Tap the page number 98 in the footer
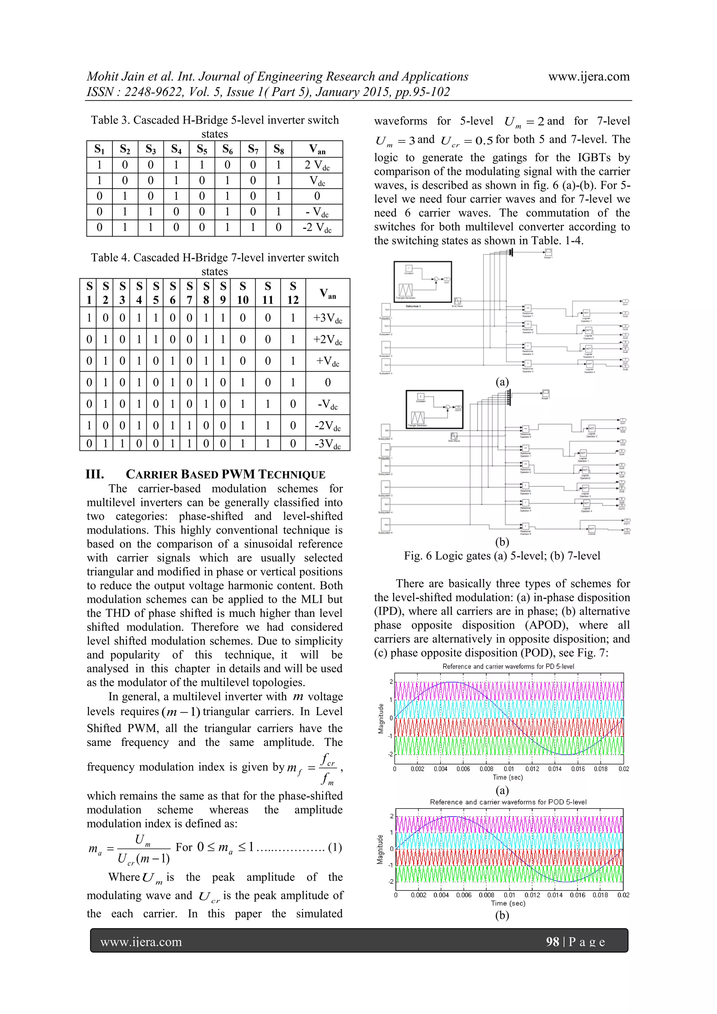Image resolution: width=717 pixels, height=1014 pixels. (552, 942)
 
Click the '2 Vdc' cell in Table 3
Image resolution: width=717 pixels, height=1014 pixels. (317, 166)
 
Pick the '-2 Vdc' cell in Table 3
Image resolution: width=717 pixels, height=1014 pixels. (317, 228)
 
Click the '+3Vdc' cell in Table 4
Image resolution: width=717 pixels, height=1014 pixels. (327, 318)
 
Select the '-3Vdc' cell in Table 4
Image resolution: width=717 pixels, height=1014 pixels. (327, 443)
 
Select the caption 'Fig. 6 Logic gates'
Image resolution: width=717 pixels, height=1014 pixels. (502, 555)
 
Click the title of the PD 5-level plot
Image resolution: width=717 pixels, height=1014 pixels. (508, 666)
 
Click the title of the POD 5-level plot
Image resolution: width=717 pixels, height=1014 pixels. (508, 802)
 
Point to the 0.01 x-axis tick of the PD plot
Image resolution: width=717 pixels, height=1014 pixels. (508, 769)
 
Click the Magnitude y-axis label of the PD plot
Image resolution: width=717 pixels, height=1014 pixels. (381, 719)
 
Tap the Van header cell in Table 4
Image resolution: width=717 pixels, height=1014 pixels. (327, 293)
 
